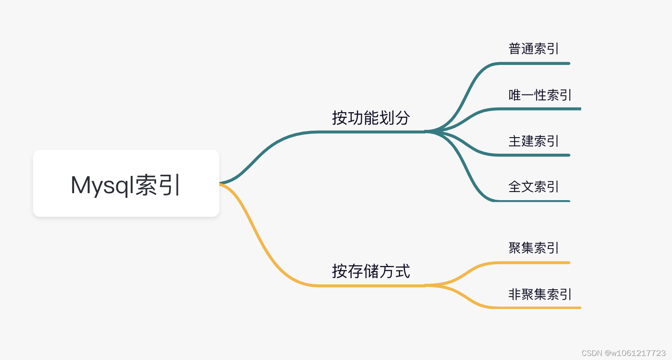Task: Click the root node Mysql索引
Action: (x=126, y=183)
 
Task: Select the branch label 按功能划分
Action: (x=371, y=118)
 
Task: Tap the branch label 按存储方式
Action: (x=371, y=271)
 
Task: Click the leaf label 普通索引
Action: (x=533, y=49)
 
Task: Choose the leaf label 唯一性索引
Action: (x=540, y=95)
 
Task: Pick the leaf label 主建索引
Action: (x=533, y=141)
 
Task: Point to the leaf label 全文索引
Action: (x=533, y=187)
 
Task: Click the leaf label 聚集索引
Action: (x=533, y=248)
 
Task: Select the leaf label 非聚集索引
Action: (x=540, y=294)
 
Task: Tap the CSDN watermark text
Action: (x=623, y=353)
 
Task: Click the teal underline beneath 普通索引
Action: (x=534, y=64)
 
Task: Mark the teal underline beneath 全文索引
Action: (x=534, y=201)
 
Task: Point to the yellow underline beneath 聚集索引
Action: (x=534, y=263)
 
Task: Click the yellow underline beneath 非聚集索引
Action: (x=538, y=307)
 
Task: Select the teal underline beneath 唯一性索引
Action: (x=538, y=109)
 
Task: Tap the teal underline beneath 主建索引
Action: (x=534, y=155)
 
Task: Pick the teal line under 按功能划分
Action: (x=371, y=132)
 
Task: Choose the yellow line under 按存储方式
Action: (x=371, y=285)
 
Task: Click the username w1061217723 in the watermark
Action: (x=638, y=353)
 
